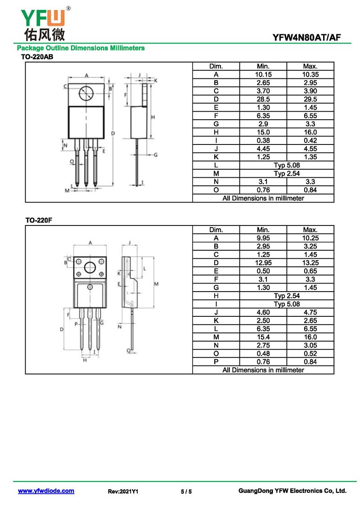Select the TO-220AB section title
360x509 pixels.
pos(37,57)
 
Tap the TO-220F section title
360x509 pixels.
pos(36,221)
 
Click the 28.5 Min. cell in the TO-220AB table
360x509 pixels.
pos(263,99)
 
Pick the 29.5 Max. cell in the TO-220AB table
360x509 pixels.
pos(310,99)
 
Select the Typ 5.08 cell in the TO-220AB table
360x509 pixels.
pos(286,165)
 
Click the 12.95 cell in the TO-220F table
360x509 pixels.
pos(263,263)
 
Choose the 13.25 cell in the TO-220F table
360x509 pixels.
pos(310,263)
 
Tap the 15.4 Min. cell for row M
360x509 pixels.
pos(263,337)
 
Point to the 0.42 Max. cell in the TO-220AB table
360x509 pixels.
pos(310,140)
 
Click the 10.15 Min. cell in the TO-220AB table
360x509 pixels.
pos(263,75)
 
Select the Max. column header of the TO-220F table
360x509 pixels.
pos(310,230)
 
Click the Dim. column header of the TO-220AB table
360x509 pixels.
pos(216,66)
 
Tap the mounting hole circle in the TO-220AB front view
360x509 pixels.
pos(86,94)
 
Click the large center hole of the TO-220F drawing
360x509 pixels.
pos(90,268)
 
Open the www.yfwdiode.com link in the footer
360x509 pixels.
pos(46,491)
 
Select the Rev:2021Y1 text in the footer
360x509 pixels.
pos(123,491)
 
